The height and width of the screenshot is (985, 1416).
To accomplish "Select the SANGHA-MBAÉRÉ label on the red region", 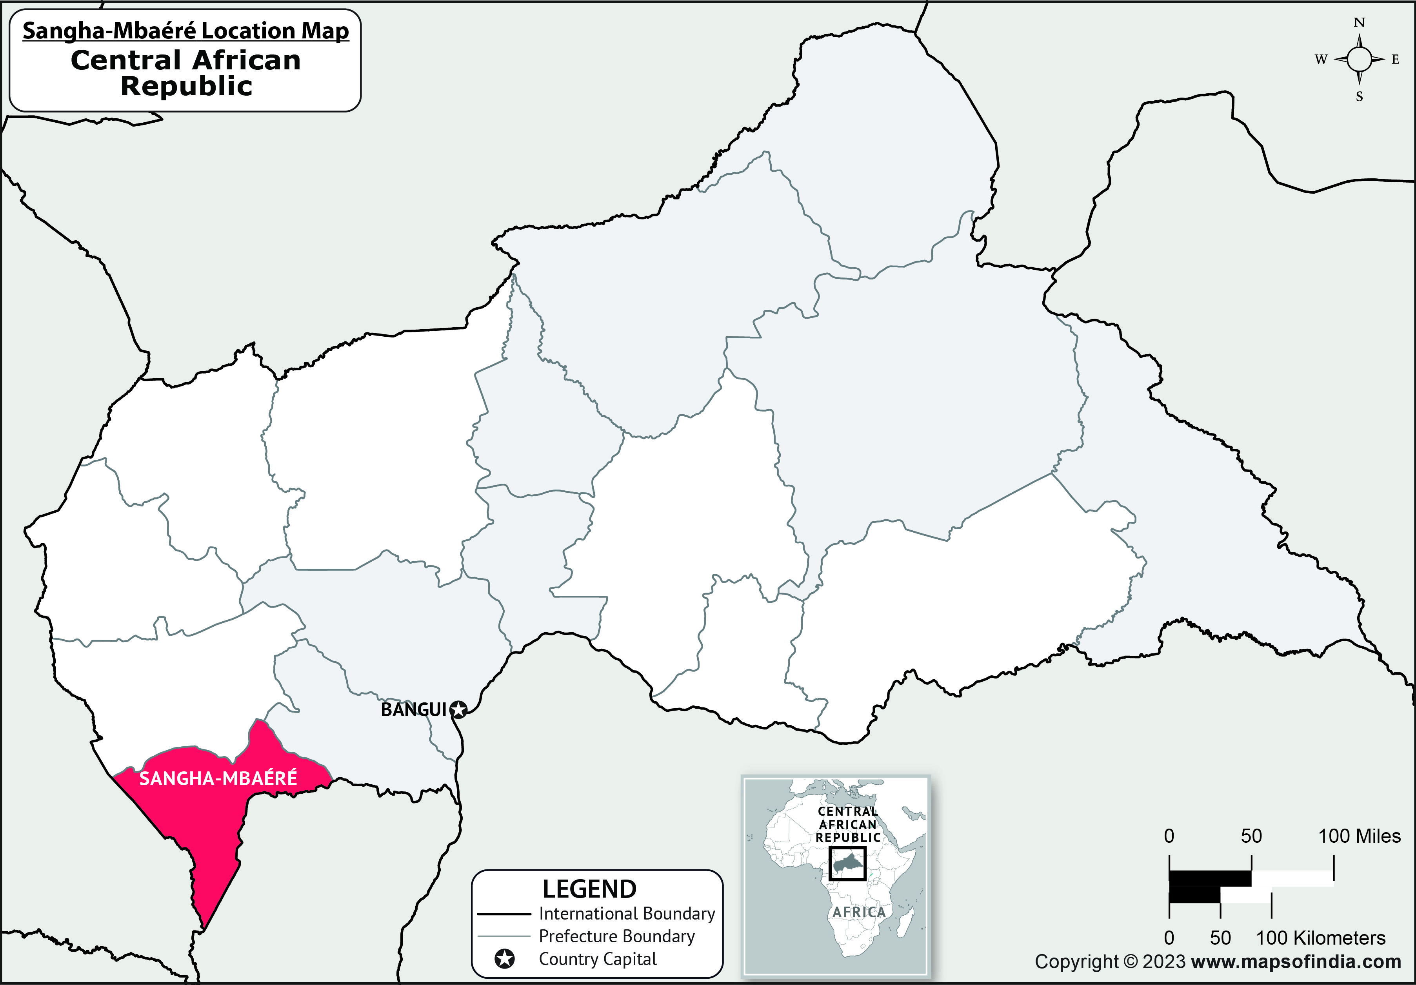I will click(218, 778).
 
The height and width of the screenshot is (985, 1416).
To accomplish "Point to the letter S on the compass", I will click(1359, 97).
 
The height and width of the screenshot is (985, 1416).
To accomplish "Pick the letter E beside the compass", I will click(1396, 60).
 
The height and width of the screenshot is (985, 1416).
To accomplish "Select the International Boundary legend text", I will click(627, 914).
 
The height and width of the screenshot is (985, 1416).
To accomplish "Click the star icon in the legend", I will click(504, 959).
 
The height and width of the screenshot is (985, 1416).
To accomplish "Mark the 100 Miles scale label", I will click(1359, 836).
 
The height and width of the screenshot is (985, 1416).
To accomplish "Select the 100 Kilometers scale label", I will click(1320, 938).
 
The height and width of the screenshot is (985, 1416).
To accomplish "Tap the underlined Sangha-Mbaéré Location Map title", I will click(185, 31).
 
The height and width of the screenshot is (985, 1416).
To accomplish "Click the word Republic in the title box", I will click(186, 86).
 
